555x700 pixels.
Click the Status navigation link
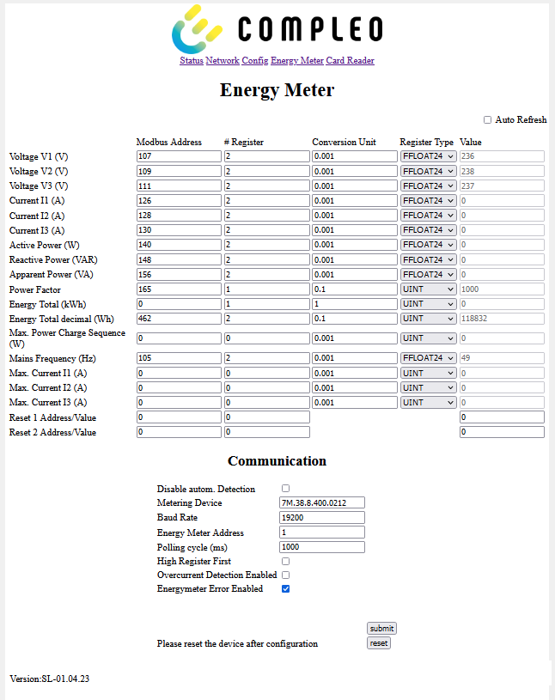point(191,61)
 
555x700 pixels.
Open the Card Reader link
point(350,61)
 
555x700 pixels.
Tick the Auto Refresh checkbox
point(488,120)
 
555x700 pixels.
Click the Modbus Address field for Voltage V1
point(178,156)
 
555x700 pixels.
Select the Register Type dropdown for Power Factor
point(428,289)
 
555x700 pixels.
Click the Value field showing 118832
point(502,319)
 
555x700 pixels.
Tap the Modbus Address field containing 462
point(178,319)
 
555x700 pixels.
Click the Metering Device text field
point(322,502)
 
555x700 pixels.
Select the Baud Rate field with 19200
point(322,517)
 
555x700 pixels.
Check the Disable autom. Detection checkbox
point(286,488)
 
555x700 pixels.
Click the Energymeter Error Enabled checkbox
point(286,588)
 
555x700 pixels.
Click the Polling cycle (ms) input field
point(322,547)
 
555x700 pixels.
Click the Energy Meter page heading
point(277,90)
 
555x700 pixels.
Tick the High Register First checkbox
point(286,561)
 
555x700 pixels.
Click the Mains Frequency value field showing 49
point(502,357)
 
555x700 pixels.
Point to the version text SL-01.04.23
point(50,679)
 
